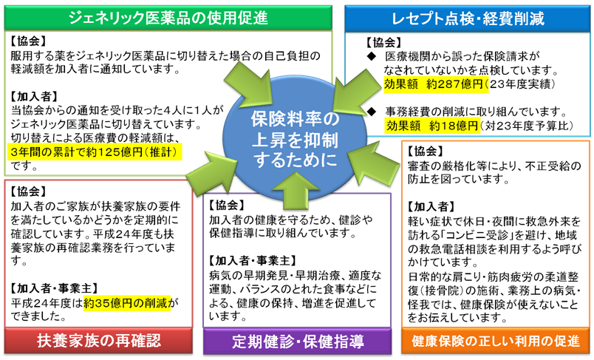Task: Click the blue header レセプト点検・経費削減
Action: click(468, 16)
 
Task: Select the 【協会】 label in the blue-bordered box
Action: click(384, 44)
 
